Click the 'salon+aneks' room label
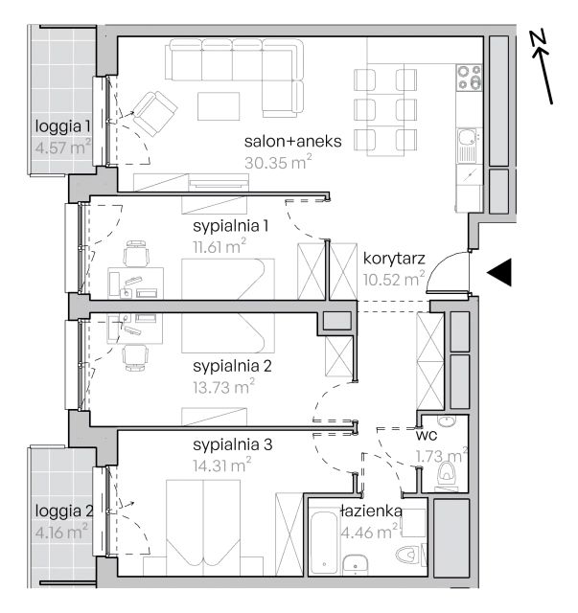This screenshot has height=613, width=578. point(292,142)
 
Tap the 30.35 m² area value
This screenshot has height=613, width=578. point(278,162)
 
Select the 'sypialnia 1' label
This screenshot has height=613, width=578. point(230,226)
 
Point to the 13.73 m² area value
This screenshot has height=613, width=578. point(223,387)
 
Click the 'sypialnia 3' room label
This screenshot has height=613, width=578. point(233,444)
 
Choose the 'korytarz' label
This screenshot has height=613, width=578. point(394,259)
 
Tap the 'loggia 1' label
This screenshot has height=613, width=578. point(62,125)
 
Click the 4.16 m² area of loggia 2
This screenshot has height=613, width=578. point(61,532)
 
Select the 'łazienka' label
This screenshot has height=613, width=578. point(371,511)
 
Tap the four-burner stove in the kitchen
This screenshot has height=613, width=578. point(470,78)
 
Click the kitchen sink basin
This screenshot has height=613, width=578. point(467,138)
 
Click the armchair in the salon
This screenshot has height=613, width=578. point(154,113)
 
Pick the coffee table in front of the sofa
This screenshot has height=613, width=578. point(219,106)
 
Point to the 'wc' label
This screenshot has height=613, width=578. point(427,435)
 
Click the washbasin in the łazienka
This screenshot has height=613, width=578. point(355,564)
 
